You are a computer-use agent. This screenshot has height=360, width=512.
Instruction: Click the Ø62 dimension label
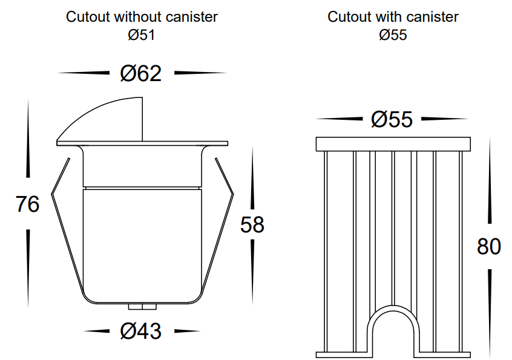pyautogui.click(x=141, y=73)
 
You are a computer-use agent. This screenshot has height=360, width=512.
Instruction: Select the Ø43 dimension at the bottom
pyautogui.click(x=141, y=331)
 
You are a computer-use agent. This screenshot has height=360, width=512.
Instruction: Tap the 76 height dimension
pyautogui.click(x=27, y=204)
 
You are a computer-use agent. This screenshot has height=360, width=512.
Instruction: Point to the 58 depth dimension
pyautogui.click(x=252, y=224)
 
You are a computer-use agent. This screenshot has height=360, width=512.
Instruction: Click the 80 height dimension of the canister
pyautogui.click(x=489, y=246)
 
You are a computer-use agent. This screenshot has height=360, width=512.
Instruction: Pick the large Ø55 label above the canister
pyautogui.click(x=392, y=119)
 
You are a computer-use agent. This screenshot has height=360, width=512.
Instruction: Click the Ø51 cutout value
pyautogui.click(x=141, y=35)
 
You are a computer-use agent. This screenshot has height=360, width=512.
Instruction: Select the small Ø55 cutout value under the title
pyautogui.click(x=393, y=35)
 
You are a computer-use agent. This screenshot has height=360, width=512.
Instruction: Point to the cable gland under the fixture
pyautogui.click(x=142, y=307)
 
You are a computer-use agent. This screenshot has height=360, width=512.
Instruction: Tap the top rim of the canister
pyautogui.click(x=393, y=144)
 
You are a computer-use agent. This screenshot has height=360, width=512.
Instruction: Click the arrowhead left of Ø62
pyautogui.click(x=84, y=73)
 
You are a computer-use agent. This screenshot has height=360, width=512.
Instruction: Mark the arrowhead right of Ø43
pyautogui.click(x=187, y=331)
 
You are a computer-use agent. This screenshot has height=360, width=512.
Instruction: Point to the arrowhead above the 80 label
pyautogui.click(x=490, y=180)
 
